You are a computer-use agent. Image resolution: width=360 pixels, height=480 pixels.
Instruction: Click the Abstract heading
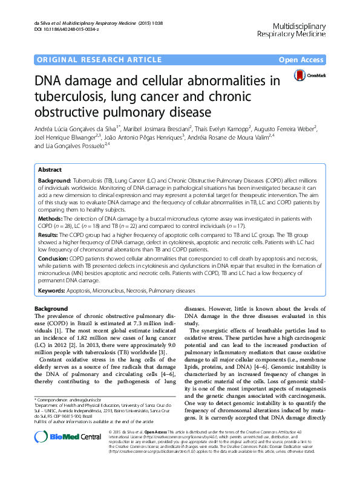(50, 170)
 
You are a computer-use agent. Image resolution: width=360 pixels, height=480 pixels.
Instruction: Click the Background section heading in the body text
(51, 309)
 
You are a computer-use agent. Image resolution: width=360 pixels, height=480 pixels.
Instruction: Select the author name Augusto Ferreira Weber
(290, 128)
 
